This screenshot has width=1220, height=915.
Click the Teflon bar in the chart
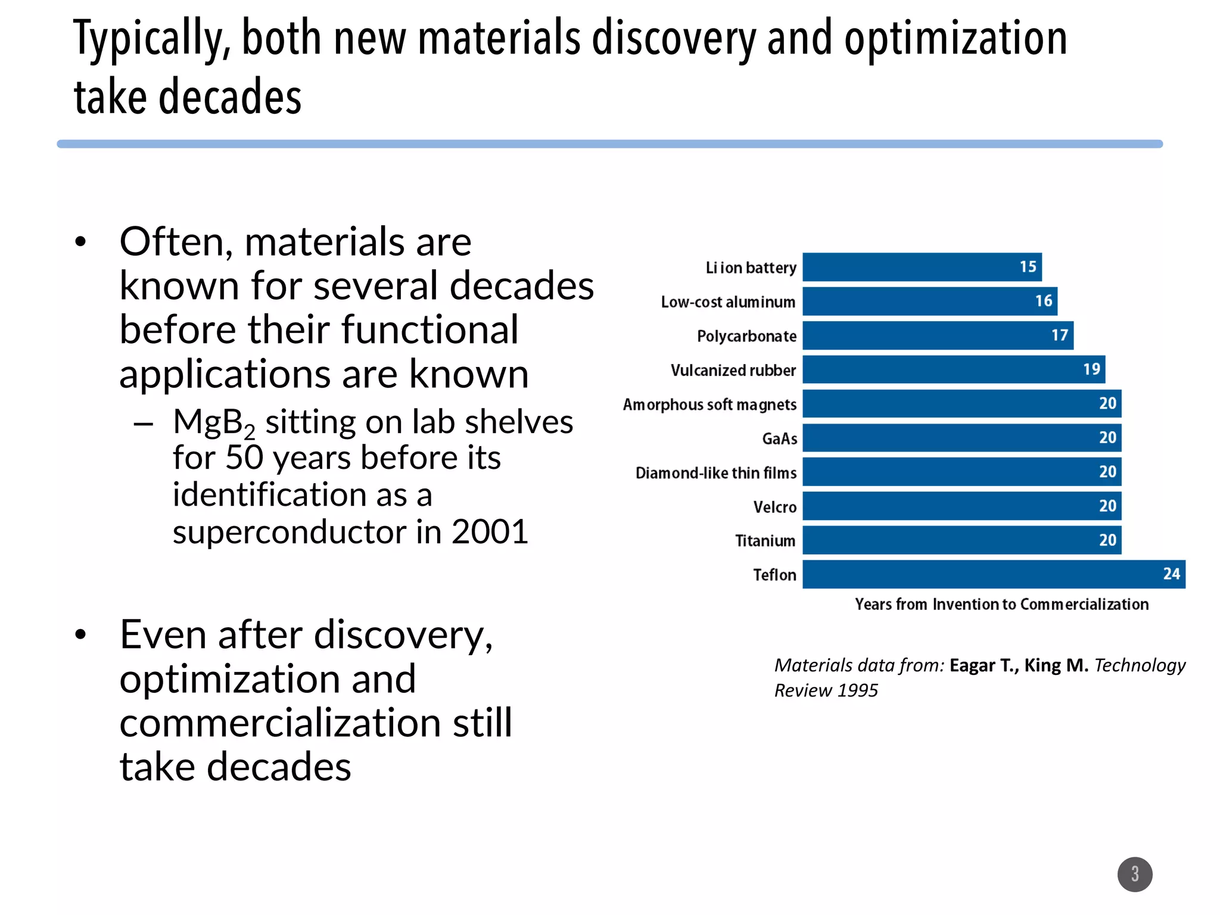993,574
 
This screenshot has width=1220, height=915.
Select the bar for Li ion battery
921,267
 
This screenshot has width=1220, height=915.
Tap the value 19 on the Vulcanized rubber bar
1091,369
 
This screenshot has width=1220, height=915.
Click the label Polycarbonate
746,336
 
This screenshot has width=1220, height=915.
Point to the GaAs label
779,439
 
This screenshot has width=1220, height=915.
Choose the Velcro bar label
774,507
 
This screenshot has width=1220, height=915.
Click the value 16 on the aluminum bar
1043,301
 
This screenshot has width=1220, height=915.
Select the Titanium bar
961,540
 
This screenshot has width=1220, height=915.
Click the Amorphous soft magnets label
709,404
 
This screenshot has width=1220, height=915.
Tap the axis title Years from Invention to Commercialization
1001,604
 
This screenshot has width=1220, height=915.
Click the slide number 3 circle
1134,874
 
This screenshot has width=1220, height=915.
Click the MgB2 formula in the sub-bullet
214,423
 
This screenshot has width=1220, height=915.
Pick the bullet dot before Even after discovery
81,635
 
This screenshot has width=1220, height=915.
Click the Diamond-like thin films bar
961,472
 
